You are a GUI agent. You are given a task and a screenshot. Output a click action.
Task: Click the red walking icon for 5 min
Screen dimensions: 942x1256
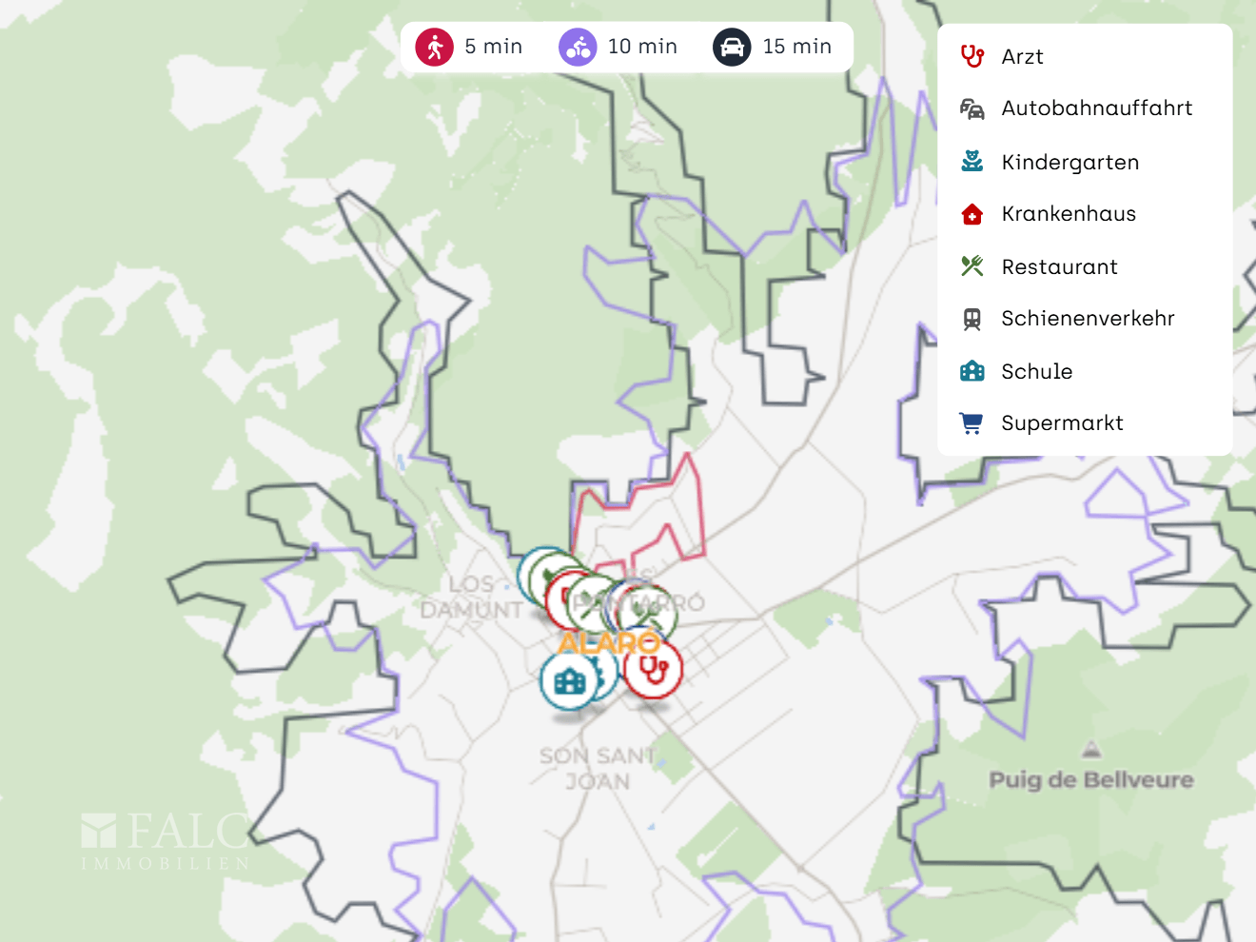tap(434, 47)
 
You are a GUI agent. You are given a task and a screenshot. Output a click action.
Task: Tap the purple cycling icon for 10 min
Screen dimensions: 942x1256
tap(578, 47)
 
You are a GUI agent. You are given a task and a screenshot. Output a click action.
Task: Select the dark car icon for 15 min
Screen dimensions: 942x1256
tap(732, 47)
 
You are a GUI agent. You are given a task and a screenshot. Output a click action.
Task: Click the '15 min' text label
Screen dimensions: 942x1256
tap(796, 47)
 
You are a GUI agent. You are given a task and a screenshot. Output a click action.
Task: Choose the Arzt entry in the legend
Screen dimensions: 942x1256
tap(1022, 57)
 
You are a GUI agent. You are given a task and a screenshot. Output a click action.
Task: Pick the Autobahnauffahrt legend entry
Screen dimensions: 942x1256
tap(1096, 108)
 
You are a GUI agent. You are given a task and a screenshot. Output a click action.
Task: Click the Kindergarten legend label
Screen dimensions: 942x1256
tap(1070, 163)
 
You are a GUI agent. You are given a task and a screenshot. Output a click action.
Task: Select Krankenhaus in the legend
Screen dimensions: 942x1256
tap(1068, 214)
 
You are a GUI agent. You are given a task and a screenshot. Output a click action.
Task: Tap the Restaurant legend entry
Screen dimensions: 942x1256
tap(1059, 267)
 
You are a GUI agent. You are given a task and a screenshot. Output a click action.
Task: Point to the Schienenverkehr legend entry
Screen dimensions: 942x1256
tap(1088, 319)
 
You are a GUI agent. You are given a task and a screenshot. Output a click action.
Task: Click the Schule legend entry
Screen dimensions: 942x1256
tap(1036, 372)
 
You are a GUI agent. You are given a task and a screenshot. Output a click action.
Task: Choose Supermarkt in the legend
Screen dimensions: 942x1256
tap(1062, 423)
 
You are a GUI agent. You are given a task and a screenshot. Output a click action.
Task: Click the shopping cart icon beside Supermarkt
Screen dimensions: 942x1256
tap(971, 423)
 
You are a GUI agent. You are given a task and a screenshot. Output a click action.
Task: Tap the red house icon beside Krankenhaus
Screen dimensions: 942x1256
tap(971, 214)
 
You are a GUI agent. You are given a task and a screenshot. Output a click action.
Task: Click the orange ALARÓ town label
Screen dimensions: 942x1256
tap(609, 643)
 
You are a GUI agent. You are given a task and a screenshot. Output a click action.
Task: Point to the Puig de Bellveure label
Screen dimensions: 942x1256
tap(1090, 780)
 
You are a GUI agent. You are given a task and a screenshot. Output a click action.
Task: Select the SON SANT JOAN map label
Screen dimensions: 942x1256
tap(598, 769)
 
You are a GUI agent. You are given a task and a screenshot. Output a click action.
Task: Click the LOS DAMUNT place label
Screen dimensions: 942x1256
tap(472, 598)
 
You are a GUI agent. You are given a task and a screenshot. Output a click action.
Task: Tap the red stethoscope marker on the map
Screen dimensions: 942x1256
tap(654, 670)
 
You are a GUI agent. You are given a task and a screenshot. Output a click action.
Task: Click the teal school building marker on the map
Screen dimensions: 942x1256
tap(569, 680)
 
